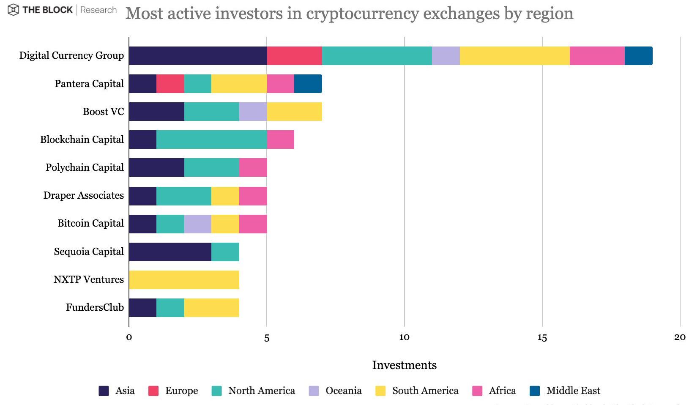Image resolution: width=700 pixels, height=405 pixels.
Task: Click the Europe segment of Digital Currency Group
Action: click(x=294, y=56)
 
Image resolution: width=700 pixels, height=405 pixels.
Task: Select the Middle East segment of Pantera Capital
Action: click(x=308, y=84)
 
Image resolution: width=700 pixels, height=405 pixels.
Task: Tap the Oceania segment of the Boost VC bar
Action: click(x=253, y=112)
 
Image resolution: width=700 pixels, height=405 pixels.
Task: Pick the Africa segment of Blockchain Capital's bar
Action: click(x=280, y=140)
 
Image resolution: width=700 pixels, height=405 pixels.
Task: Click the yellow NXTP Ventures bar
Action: click(x=184, y=280)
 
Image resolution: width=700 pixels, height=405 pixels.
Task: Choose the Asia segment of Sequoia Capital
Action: click(x=170, y=252)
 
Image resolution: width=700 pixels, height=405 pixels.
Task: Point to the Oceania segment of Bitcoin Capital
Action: click(x=198, y=224)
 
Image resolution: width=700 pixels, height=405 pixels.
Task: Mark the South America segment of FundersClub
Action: click(x=211, y=308)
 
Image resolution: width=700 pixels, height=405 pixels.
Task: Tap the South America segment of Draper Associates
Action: click(x=225, y=196)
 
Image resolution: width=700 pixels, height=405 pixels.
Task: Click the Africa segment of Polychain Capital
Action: click(x=253, y=168)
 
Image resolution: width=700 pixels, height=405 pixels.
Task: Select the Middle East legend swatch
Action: click(x=535, y=391)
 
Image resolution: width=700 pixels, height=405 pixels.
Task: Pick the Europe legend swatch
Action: click(x=153, y=391)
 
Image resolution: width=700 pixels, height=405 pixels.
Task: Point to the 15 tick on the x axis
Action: click(x=542, y=337)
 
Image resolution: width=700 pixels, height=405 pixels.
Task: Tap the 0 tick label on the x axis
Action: click(x=129, y=337)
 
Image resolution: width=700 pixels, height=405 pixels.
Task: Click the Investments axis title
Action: click(x=404, y=365)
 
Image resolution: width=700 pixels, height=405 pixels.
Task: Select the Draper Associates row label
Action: click(x=84, y=195)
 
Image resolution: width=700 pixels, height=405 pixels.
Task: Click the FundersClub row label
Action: click(x=95, y=307)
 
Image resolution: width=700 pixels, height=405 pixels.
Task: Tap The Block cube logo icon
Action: click(x=14, y=10)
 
